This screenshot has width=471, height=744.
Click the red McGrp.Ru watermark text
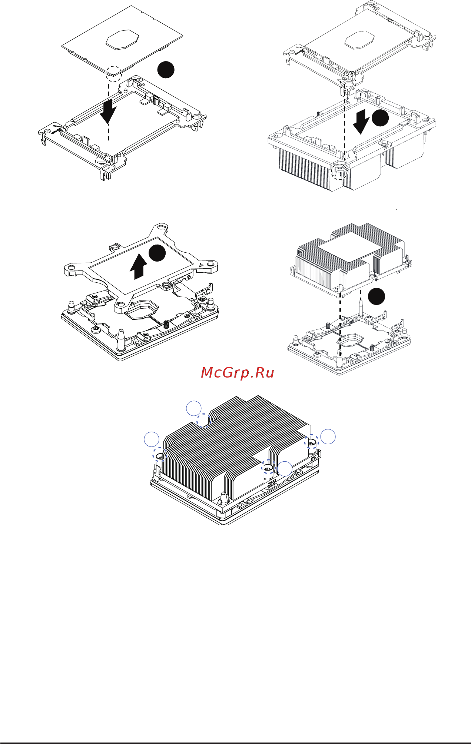click(237, 373)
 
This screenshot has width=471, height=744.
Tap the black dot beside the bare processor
click(166, 69)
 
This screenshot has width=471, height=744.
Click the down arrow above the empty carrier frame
click(108, 110)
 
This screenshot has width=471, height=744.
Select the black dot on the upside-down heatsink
click(380, 119)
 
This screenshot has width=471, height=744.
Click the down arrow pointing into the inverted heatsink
click(361, 122)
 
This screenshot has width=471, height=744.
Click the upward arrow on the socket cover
click(138, 266)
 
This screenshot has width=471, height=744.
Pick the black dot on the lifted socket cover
click(157, 253)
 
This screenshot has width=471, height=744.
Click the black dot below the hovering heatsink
click(377, 296)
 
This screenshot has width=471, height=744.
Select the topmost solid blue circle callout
click(193, 408)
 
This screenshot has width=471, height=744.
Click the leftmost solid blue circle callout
click(152, 439)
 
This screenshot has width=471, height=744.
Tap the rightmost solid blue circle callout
click(328, 436)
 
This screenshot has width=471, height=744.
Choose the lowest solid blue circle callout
click(285, 469)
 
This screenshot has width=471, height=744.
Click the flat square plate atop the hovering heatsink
click(350, 245)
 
